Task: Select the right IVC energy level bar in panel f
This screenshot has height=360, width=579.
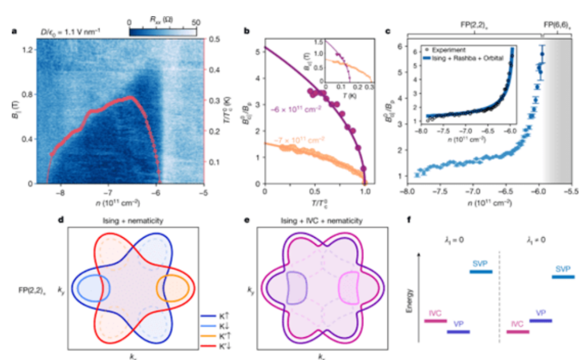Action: point(517,332)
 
